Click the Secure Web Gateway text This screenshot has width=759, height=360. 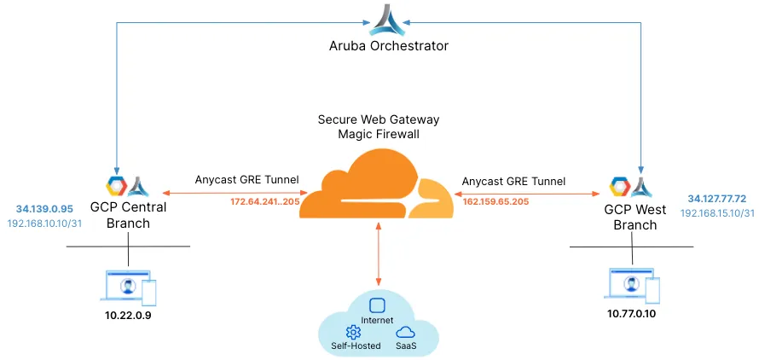[378, 119]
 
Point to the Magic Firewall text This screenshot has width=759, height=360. [378, 134]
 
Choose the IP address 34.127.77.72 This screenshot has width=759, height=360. [716, 199]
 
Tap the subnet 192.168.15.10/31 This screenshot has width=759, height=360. [717, 213]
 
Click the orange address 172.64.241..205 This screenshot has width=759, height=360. [264, 202]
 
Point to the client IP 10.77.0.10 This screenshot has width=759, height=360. [631, 313]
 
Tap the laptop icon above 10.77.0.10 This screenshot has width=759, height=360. [631, 285]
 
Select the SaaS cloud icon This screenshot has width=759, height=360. [406, 332]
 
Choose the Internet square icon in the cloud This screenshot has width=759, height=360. [377, 305]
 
